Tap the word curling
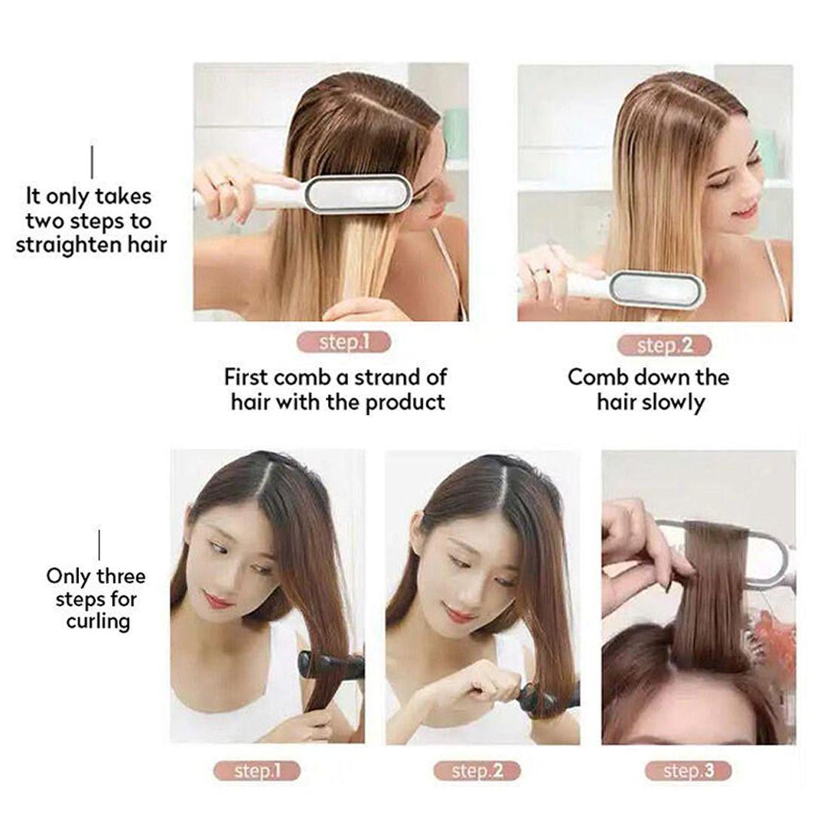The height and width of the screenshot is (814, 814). (x=98, y=621)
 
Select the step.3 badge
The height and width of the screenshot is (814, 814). (x=688, y=772)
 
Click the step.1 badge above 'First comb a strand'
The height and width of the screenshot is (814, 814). (x=344, y=342)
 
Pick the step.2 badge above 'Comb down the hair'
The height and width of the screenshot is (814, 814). (x=664, y=345)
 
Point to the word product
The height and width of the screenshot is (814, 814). (x=405, y=402)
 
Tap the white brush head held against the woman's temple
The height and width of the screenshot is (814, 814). (x=357, y=194)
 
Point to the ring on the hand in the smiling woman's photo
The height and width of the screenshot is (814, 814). (x=540, y=271)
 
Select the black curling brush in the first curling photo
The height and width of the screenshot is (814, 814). (x=330, y=664)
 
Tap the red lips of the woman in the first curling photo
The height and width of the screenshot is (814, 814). (x=217, y=601)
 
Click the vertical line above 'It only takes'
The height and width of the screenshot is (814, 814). (x=93, y=162)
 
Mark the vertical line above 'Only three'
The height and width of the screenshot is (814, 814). (x=99, y=545)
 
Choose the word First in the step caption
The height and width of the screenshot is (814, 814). (x=246, y=378)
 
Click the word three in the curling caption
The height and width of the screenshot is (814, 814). (x=121, y=577)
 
